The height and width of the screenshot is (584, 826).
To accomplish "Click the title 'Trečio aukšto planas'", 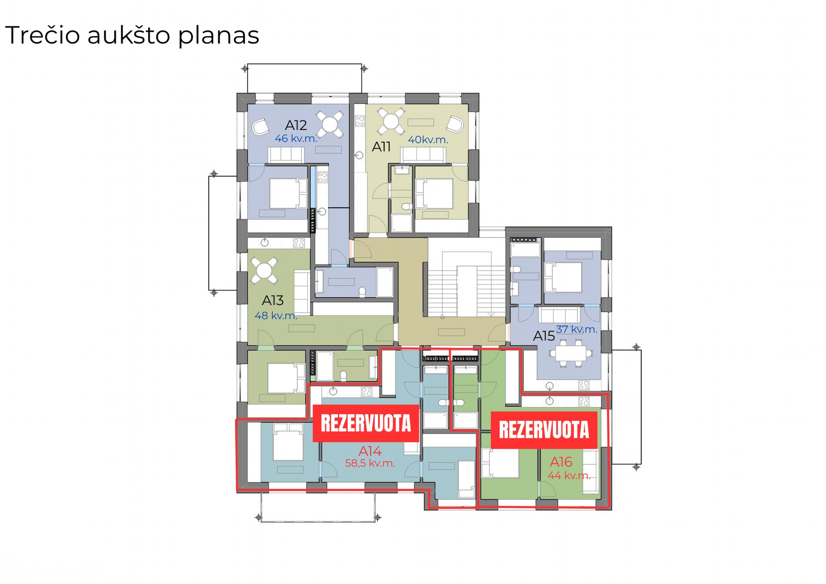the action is pyautogui.click(x=132, y=35).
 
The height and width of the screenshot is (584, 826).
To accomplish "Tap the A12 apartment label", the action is pyautogui.click(x=296, y=125).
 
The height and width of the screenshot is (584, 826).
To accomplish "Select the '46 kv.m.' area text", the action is pyautogui.click(x=296, y=139).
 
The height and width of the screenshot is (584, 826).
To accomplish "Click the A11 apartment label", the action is pyautogui.click(x=381, y=147).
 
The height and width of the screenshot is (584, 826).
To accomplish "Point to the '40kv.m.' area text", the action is pyautogui.click(x=428, y=140).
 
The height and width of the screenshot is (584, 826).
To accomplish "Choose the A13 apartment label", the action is pyautogui.click(x=273, y=300).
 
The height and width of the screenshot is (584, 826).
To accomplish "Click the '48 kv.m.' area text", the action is pyautogui.click(x=276, y=316).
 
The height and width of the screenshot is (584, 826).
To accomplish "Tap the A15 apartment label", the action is pyautogui.click(x=544, y=336).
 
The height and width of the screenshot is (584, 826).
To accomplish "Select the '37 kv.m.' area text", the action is pyautogui.click(x=577, y=329).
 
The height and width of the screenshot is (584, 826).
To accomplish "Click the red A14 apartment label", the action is pyautogui.click(x=370, y=451).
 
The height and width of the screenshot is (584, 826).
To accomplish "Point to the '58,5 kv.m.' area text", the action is pyautogui.click(x=370, y=464).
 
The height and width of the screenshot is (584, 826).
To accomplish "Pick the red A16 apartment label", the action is pyautogui.click(x=561, y=462).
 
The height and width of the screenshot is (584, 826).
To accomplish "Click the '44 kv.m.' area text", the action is pyautogui.click(x=569, y=476).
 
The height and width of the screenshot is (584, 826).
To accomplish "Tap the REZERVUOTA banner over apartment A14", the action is pyautogui.click(x=366, y=423).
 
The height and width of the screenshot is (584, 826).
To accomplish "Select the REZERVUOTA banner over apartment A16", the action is pyautogui.click(x=544, y=430).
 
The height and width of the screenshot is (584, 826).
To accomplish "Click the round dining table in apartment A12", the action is pyautogui.click(x=330, y=124).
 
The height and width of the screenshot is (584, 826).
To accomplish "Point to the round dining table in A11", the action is pyautogui.click(x=391, y=121).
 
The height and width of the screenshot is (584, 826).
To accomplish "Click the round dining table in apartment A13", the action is pyautogui.click(x=264, y=270).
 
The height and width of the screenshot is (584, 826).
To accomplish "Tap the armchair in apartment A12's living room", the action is pyautogui.click(x=261, y=127).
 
